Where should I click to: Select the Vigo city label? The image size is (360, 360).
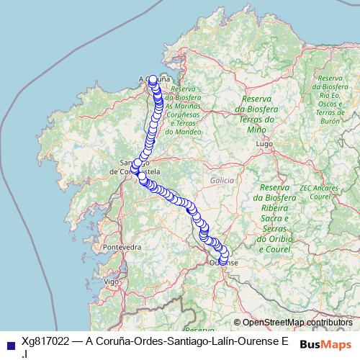click(112, 281)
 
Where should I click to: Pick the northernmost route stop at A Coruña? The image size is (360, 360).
click(153, 80)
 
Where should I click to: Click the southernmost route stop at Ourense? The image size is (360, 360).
click(222, 261)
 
